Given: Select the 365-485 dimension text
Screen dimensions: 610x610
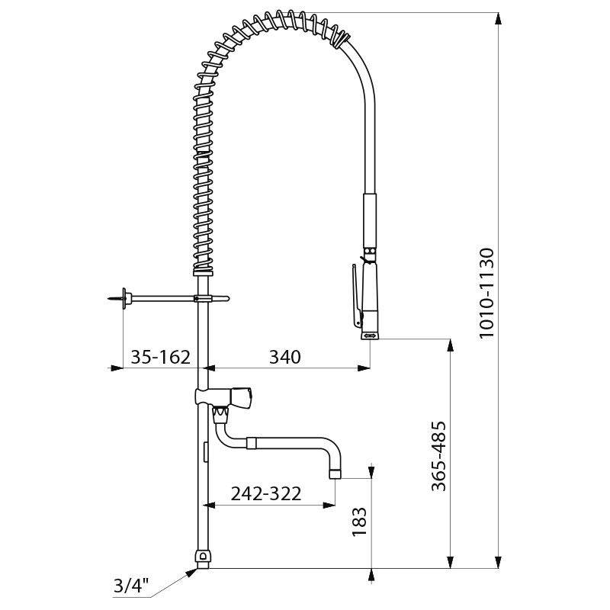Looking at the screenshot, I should [x=438, y=455].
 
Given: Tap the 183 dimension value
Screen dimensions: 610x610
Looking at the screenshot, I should [x=361, y=524].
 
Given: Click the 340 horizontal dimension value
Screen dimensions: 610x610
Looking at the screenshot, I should [x=284, y=356].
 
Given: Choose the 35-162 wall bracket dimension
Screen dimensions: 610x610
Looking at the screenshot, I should [x=159, y=356].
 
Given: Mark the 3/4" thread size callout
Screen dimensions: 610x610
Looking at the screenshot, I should [x=130, y=587].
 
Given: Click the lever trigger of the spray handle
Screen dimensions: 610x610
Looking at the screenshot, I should [x=356, y=294].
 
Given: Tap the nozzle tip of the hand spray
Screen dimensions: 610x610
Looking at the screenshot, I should [x=370, y=333].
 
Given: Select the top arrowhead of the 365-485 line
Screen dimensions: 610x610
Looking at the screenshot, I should [x=450, y=345].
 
